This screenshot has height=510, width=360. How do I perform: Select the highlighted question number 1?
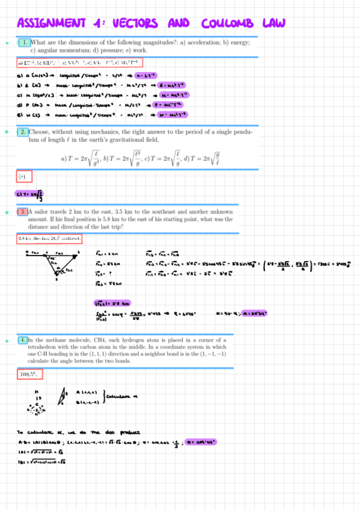(x=24, y=43)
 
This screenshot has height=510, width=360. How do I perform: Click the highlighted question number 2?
(x=22, y=131)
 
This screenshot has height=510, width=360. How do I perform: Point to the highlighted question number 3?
(x=22, y=212)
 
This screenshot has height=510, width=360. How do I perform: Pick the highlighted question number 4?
(x=22, y=340)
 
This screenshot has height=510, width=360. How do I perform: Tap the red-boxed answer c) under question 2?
(x=24, y=177)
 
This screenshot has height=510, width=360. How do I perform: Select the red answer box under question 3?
(x=49, y=239)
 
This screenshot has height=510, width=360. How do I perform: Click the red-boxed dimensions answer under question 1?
(x=79, y=63)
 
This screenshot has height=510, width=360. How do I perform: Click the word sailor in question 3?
(x=41, y=212)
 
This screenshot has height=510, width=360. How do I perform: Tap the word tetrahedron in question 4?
(x=47, y=347)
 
